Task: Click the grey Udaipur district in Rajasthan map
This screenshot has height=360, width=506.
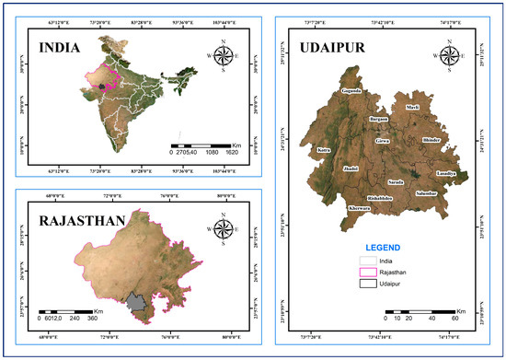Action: coord(138,303)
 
